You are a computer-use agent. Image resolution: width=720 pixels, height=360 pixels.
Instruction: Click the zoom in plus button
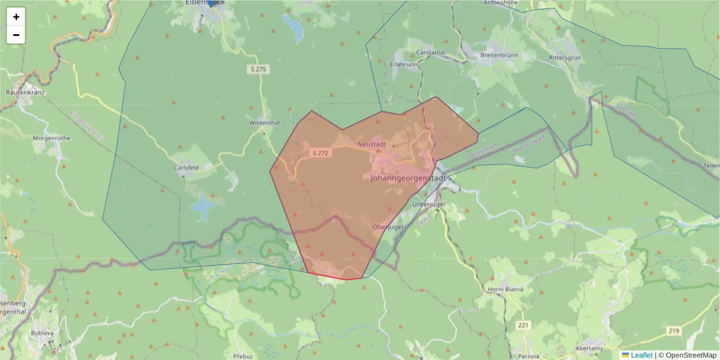[16, 17]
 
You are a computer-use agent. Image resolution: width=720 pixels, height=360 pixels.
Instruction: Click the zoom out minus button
[16, 35]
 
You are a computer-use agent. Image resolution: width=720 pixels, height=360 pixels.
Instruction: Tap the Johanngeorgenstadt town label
[408, 178]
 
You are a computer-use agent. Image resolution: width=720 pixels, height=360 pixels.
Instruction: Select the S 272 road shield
[320, 153]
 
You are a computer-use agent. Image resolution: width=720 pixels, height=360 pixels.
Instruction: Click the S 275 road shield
[257, 70]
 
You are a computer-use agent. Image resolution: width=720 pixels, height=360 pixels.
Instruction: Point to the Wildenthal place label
[265, 123]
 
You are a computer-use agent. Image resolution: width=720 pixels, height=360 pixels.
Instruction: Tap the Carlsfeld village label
[186, 168]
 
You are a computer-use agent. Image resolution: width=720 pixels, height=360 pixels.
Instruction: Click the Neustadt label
[371, 145]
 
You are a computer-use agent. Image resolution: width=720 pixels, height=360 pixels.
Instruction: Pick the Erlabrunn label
[403, 64]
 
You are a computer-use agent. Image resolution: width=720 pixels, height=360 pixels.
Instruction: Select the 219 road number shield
[675, 331]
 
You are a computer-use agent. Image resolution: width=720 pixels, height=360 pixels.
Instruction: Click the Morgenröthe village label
[52, 138]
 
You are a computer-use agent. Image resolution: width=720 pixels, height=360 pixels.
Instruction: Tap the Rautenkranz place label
[26, 93]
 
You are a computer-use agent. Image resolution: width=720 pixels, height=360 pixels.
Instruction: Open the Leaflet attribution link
[641, 355]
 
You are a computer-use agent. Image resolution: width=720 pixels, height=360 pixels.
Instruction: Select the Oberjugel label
[388, 227]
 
